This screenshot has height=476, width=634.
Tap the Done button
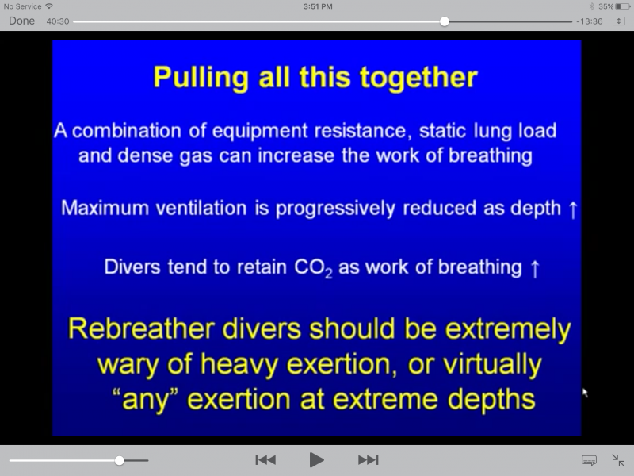[22, 21]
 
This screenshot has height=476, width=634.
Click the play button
[316, 460]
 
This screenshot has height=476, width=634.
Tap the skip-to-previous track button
[265, 460]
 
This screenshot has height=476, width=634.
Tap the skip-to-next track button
[368, 460]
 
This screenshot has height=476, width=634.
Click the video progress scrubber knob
[445, 21]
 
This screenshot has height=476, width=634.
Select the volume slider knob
[120, 460]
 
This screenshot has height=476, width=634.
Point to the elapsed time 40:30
[58, 21]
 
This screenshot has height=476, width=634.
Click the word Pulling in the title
[201, 78]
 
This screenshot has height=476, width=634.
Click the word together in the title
[418, 78]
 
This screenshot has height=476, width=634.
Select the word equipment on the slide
[259, 132]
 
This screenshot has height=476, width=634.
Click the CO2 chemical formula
[313, 268]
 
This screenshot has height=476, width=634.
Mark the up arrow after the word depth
[572, 210]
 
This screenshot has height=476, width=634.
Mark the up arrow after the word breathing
[535, 269]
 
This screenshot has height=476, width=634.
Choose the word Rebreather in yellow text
[141, 328]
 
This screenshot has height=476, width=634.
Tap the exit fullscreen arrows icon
[618, 460]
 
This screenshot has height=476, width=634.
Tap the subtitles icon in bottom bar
[589, 460]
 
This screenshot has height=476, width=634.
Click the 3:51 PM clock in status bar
[318, 6]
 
